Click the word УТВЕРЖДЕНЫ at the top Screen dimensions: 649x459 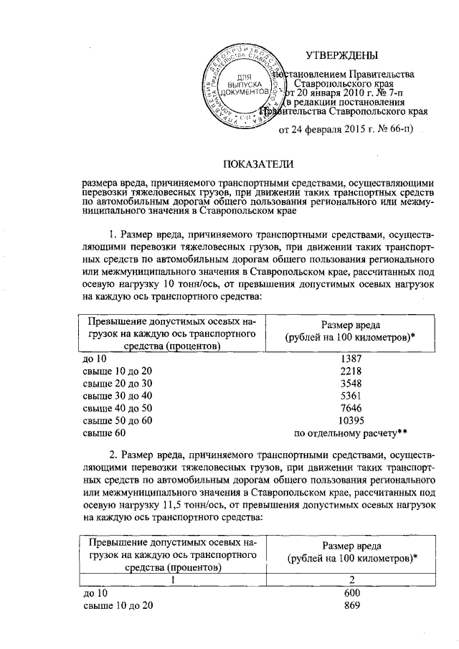coord(341,55)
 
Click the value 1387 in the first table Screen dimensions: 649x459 coord(351,357)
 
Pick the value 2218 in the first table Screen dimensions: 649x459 coord(351,370)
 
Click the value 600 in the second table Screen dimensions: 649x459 coord(351,592)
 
